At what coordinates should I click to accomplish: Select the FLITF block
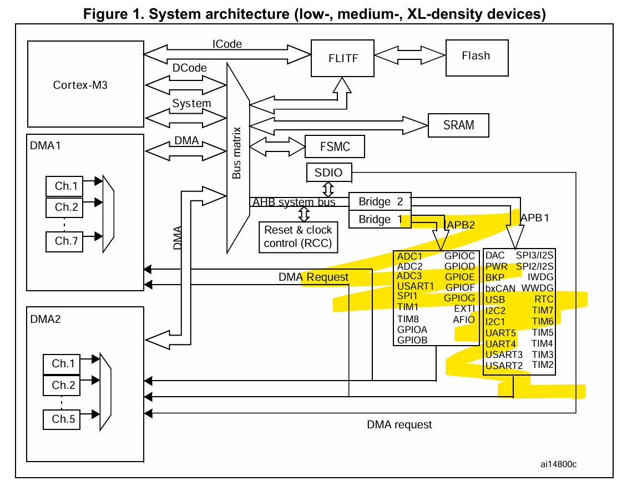(342, 58)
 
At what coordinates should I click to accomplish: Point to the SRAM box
(458, 125)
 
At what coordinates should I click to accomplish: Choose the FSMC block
(335, 148)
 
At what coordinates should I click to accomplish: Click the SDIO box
(328, 173)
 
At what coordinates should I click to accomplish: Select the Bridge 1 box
(375, 219)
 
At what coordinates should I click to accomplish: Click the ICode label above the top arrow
(227, 44)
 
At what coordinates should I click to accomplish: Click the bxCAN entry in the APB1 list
(500, 288)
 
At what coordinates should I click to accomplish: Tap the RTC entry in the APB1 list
(544, 300)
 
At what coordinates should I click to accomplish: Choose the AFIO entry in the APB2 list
(464, 320)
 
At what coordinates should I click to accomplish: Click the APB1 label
(535, 218)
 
